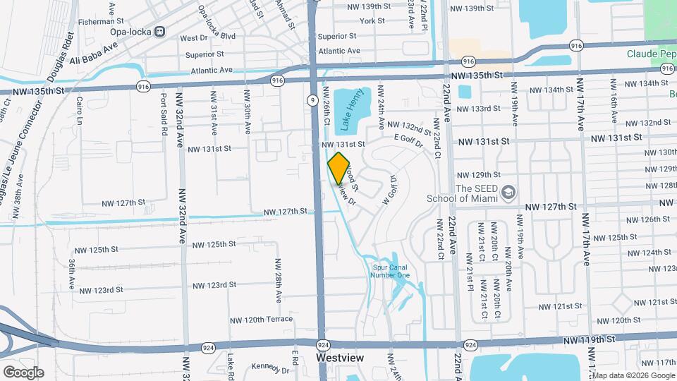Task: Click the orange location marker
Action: (x=338, y=167)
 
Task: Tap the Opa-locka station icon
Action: (x=160, y=31)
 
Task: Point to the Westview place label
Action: (x=340, y=358)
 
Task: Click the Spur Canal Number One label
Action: (x=390, y=271)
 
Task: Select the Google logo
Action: (x=23, y=372)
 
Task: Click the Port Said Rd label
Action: (x=164, y=115)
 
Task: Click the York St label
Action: (x=372, y=21)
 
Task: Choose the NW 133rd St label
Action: (x=478, y=108)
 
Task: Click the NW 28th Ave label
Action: (x=279, y=278)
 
